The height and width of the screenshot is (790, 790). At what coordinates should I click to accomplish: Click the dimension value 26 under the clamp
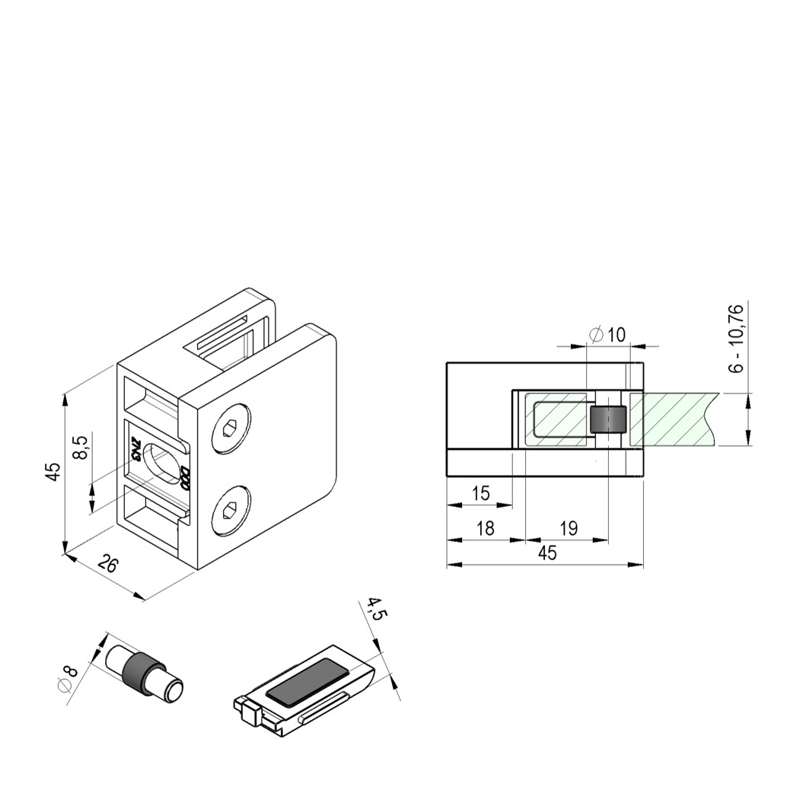pyautogui.click(x=109, y=565)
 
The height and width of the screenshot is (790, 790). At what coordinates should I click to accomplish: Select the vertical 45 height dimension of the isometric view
pyautogui.click(x=53, y=472)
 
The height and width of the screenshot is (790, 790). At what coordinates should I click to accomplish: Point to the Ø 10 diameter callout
pyautogui.click(x=607, y=334)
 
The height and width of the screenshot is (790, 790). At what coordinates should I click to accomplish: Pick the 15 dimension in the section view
pyautogui.click(x=480, y=493)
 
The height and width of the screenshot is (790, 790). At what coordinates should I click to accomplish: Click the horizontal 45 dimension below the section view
pyautogui.click(x=546, y=553)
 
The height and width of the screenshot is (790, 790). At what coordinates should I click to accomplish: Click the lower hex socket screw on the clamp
pyautogui.click(x=231, y=511)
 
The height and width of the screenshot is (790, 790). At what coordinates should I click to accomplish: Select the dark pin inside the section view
pyautogui.click(x=608, y=420)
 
